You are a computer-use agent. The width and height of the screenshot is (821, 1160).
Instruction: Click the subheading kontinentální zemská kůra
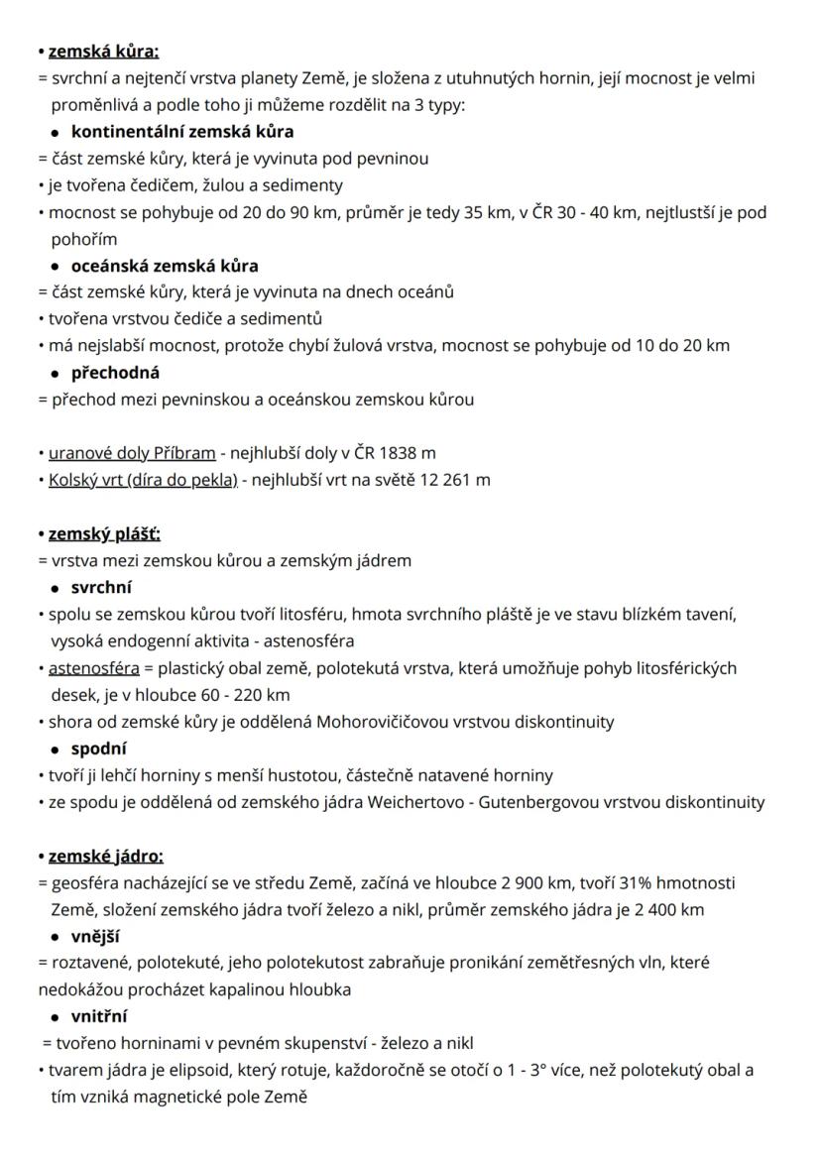(x=182, y=131)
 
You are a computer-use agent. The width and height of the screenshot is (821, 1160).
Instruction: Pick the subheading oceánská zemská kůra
(x=165, y=266)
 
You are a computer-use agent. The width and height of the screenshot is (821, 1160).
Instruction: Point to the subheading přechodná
(x=115, y=373)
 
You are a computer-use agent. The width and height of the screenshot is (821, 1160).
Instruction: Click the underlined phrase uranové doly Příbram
(x=132, y=453)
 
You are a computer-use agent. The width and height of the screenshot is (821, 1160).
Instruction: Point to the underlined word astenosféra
(x=93, y=667)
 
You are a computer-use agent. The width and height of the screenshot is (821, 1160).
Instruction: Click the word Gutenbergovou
(x=540, y=802)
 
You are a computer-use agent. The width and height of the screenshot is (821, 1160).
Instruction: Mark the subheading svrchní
(x=101, y=587)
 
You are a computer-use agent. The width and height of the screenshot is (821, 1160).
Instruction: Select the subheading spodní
(x=98, y=749)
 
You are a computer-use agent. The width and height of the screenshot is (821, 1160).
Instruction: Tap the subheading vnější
(x=96, y=936)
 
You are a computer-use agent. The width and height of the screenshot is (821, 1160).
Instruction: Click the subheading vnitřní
(x=99, y=1016)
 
